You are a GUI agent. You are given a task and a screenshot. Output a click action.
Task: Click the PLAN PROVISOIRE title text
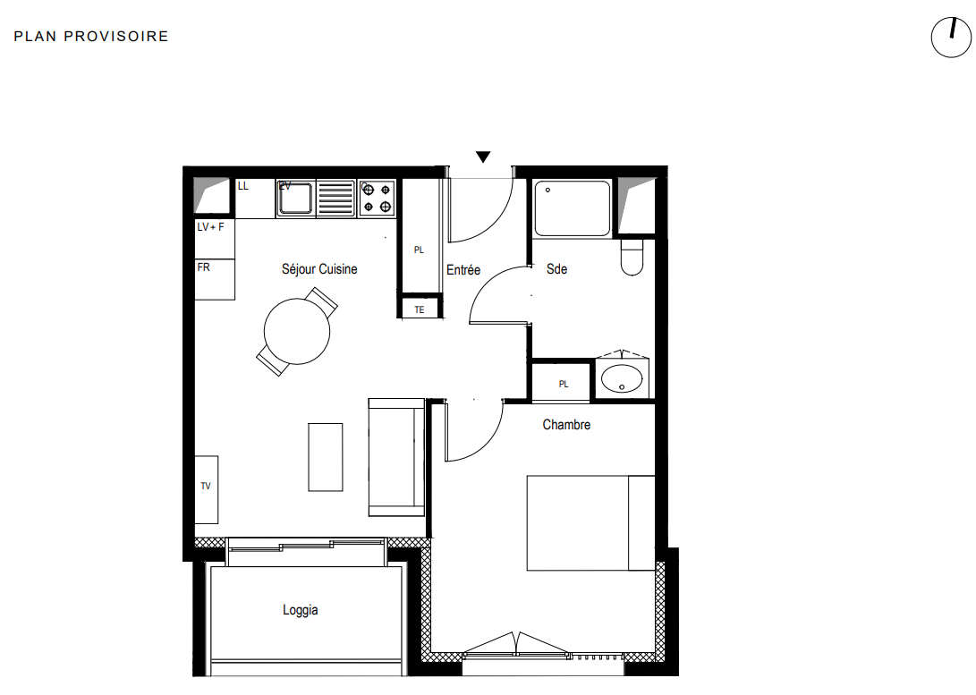point(91,37)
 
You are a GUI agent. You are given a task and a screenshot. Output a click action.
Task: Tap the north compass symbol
point(950,38)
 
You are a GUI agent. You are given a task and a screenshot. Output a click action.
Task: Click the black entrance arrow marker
point(483,157)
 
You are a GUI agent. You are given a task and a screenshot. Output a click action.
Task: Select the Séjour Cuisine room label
point(319,269)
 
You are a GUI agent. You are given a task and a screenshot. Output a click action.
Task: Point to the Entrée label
point(463,270)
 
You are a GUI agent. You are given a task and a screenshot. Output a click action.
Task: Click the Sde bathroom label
point(556,269)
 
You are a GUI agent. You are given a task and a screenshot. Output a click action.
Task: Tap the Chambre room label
point(566,424)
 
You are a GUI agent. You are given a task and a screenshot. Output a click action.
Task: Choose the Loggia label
point(300,610)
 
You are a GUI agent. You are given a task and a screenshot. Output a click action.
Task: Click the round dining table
point(297,332)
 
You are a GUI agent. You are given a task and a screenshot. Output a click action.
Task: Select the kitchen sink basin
point(295,198)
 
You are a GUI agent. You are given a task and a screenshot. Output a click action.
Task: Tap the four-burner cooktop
point(378,198)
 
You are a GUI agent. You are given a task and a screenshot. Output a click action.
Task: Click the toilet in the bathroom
point(632,256)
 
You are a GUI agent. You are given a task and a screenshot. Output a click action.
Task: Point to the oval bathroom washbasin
point(622,378)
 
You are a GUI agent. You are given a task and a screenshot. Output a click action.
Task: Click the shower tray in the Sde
point(572,208)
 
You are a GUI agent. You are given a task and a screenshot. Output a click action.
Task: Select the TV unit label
point(206,486)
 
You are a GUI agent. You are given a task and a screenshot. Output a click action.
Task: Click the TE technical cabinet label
point(420,309)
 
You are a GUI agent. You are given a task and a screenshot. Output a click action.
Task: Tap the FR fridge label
point(204,267)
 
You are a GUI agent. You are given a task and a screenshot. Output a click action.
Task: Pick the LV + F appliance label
point(210,227)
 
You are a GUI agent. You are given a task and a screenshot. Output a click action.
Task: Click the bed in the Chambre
point(590,522)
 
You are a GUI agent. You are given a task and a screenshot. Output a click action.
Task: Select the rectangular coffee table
point(325,457)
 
